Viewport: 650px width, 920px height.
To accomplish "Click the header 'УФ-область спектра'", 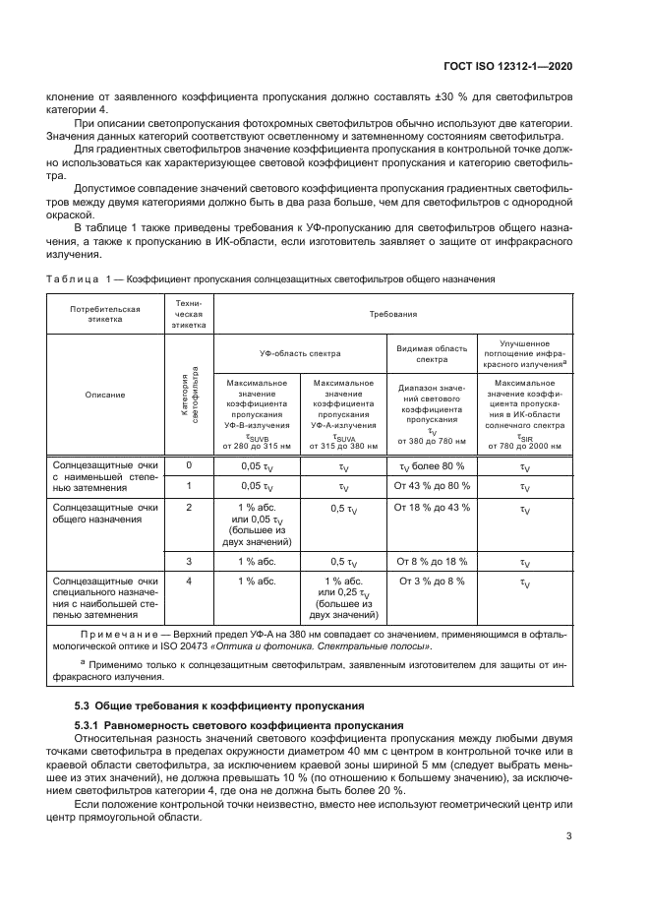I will pos(300,352).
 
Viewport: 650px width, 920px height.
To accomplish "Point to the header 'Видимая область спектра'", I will pos(431,352).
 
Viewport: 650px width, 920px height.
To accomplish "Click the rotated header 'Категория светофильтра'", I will pos(189,394).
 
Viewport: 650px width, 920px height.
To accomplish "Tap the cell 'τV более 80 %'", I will pos(431,465).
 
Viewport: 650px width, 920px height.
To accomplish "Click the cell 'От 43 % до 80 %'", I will pos(431,486).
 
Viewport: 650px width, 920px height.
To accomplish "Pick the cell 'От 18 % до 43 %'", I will pos(431,508).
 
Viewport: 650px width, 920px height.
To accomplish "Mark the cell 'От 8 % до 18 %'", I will pos(431,561).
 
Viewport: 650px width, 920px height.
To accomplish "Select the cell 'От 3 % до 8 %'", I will pos(431,582).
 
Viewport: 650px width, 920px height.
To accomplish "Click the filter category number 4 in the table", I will pos(189,582).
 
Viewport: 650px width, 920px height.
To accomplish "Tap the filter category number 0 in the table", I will pos(189,465).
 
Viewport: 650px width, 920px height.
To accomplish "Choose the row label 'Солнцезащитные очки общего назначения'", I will pos(104,514).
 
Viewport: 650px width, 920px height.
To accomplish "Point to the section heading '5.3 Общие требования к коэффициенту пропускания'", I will pos(220,706).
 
